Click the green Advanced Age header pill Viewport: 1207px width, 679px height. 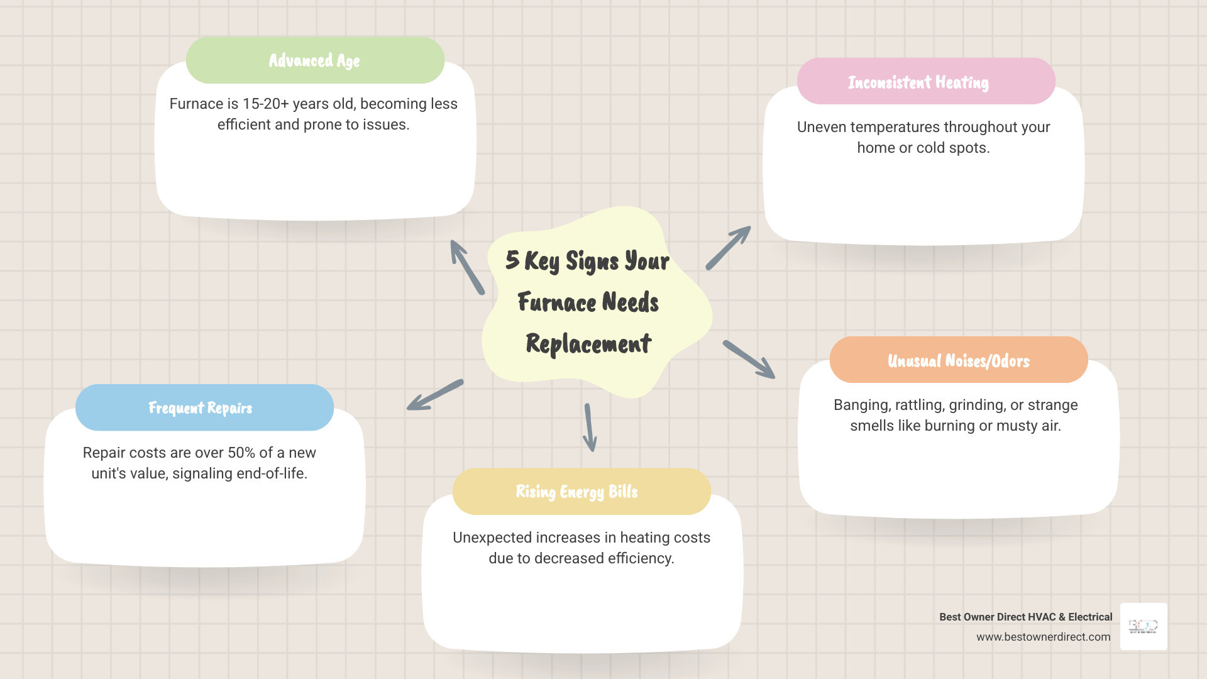coord(315,60)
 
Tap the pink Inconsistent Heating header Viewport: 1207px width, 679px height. coord(925,82)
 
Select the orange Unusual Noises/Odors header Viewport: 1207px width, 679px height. coord(958,360)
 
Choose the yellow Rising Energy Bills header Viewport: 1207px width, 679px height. coord(581,492)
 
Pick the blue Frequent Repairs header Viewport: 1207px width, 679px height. coord(204,408)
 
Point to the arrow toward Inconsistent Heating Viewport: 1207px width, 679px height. coord(728,248)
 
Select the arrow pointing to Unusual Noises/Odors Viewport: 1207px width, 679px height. coord(749,360)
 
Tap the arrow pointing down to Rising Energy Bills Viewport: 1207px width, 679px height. coord(590,428)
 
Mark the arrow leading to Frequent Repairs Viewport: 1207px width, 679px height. coord(435,395)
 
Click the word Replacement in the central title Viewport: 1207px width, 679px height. coord(588,344)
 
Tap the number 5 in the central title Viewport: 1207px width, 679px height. coord(512,260)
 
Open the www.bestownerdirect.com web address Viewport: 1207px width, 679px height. coord(1043,637)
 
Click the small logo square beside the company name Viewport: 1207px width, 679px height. coord(1144,626)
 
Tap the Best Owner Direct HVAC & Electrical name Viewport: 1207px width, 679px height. coord(1025,617)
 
